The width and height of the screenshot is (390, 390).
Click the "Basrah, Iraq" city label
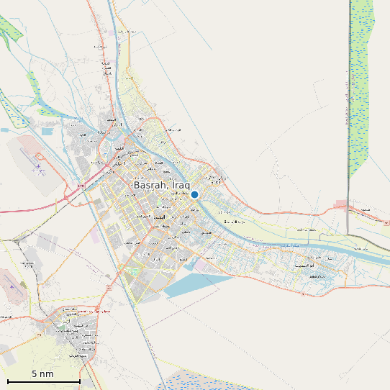point(161,185)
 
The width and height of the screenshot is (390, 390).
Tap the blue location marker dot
point(194,194)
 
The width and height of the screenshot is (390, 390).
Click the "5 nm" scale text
point(42,374)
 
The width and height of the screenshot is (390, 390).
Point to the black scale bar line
point(43,381)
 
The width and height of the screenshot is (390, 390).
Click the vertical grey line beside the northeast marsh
point(348,144)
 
